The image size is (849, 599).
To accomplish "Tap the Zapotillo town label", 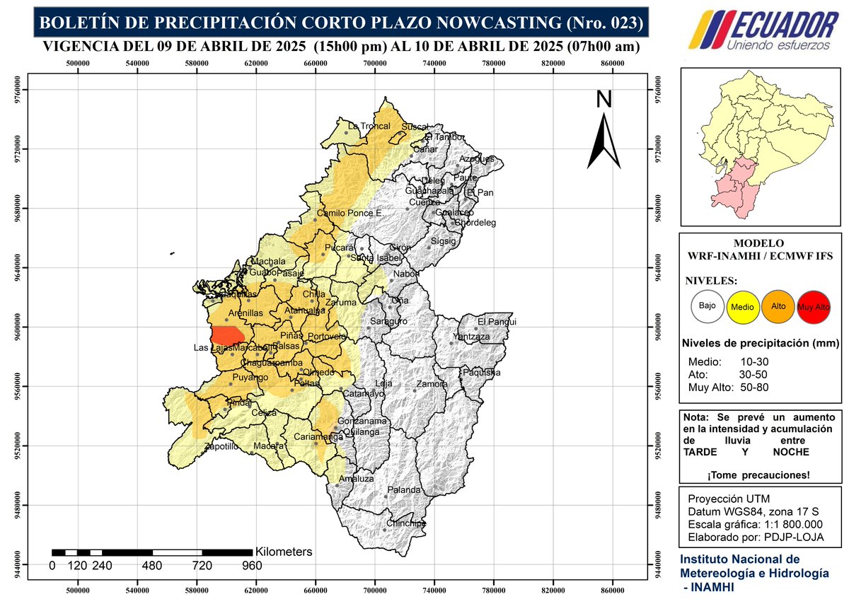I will tap(221, 447).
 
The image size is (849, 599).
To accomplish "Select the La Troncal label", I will tap(369, 126).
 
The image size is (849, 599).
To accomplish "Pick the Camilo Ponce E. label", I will tap(350, 213).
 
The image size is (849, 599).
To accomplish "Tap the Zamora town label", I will tap(432, 384).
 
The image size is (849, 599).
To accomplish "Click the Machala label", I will tap(269, 262).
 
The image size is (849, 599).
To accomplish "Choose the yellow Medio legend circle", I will tap(743, 307).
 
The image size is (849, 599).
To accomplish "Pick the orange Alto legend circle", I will tap(778, 306).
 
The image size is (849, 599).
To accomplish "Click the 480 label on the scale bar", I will tap(152, 566).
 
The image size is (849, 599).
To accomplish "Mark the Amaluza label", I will tap(356, 479).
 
